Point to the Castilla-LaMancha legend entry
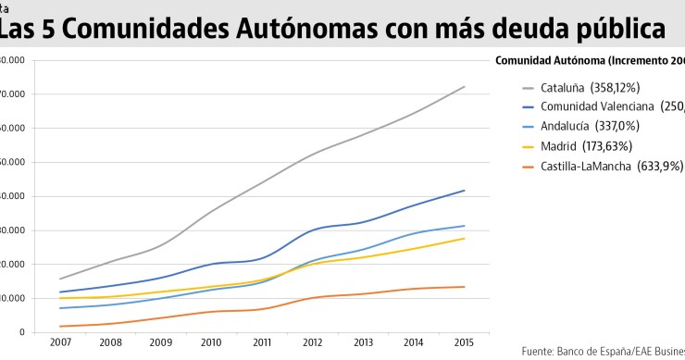click(612, 166)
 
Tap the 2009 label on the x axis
click(162, 342)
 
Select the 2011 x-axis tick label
click(262, 342)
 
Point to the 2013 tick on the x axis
click(363, 342)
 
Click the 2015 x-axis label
click(464, 342)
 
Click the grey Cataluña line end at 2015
click(464, 86)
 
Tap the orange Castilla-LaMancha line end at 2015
click(464, 287)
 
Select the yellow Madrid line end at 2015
click(464, 238)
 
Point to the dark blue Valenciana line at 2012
click(313, 230)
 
